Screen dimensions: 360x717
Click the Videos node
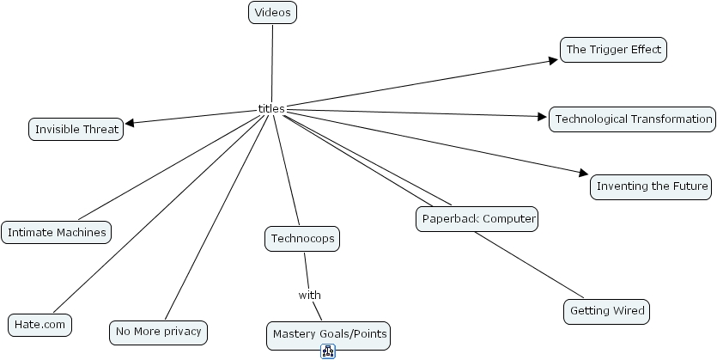click(272, 13)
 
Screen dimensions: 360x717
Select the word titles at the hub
click(270, 108)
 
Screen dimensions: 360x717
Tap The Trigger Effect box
click(613, 50)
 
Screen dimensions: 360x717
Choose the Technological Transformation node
click(633, 119)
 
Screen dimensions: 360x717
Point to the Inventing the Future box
click(652, 186)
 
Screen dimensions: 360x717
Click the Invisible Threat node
click(76, 130)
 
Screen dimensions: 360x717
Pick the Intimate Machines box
click(57, 232)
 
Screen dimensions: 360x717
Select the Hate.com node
click(39, 325)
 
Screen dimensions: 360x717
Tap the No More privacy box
click(159, 331)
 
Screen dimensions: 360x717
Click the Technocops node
click(302, 239)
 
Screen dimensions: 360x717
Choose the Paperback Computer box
click(478, 219)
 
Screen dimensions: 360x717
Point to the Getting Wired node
click(606, 311)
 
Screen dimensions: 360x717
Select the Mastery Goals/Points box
click(330, 334)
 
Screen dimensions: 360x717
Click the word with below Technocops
click(310, 295)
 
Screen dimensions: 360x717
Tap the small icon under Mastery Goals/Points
click(328, 351)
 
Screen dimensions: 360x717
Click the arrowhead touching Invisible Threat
click(130, 123)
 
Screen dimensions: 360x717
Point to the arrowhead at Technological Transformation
click(543, 117)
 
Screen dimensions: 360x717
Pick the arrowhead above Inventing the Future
click(584, 173)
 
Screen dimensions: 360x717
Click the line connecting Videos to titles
click(272, 64)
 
